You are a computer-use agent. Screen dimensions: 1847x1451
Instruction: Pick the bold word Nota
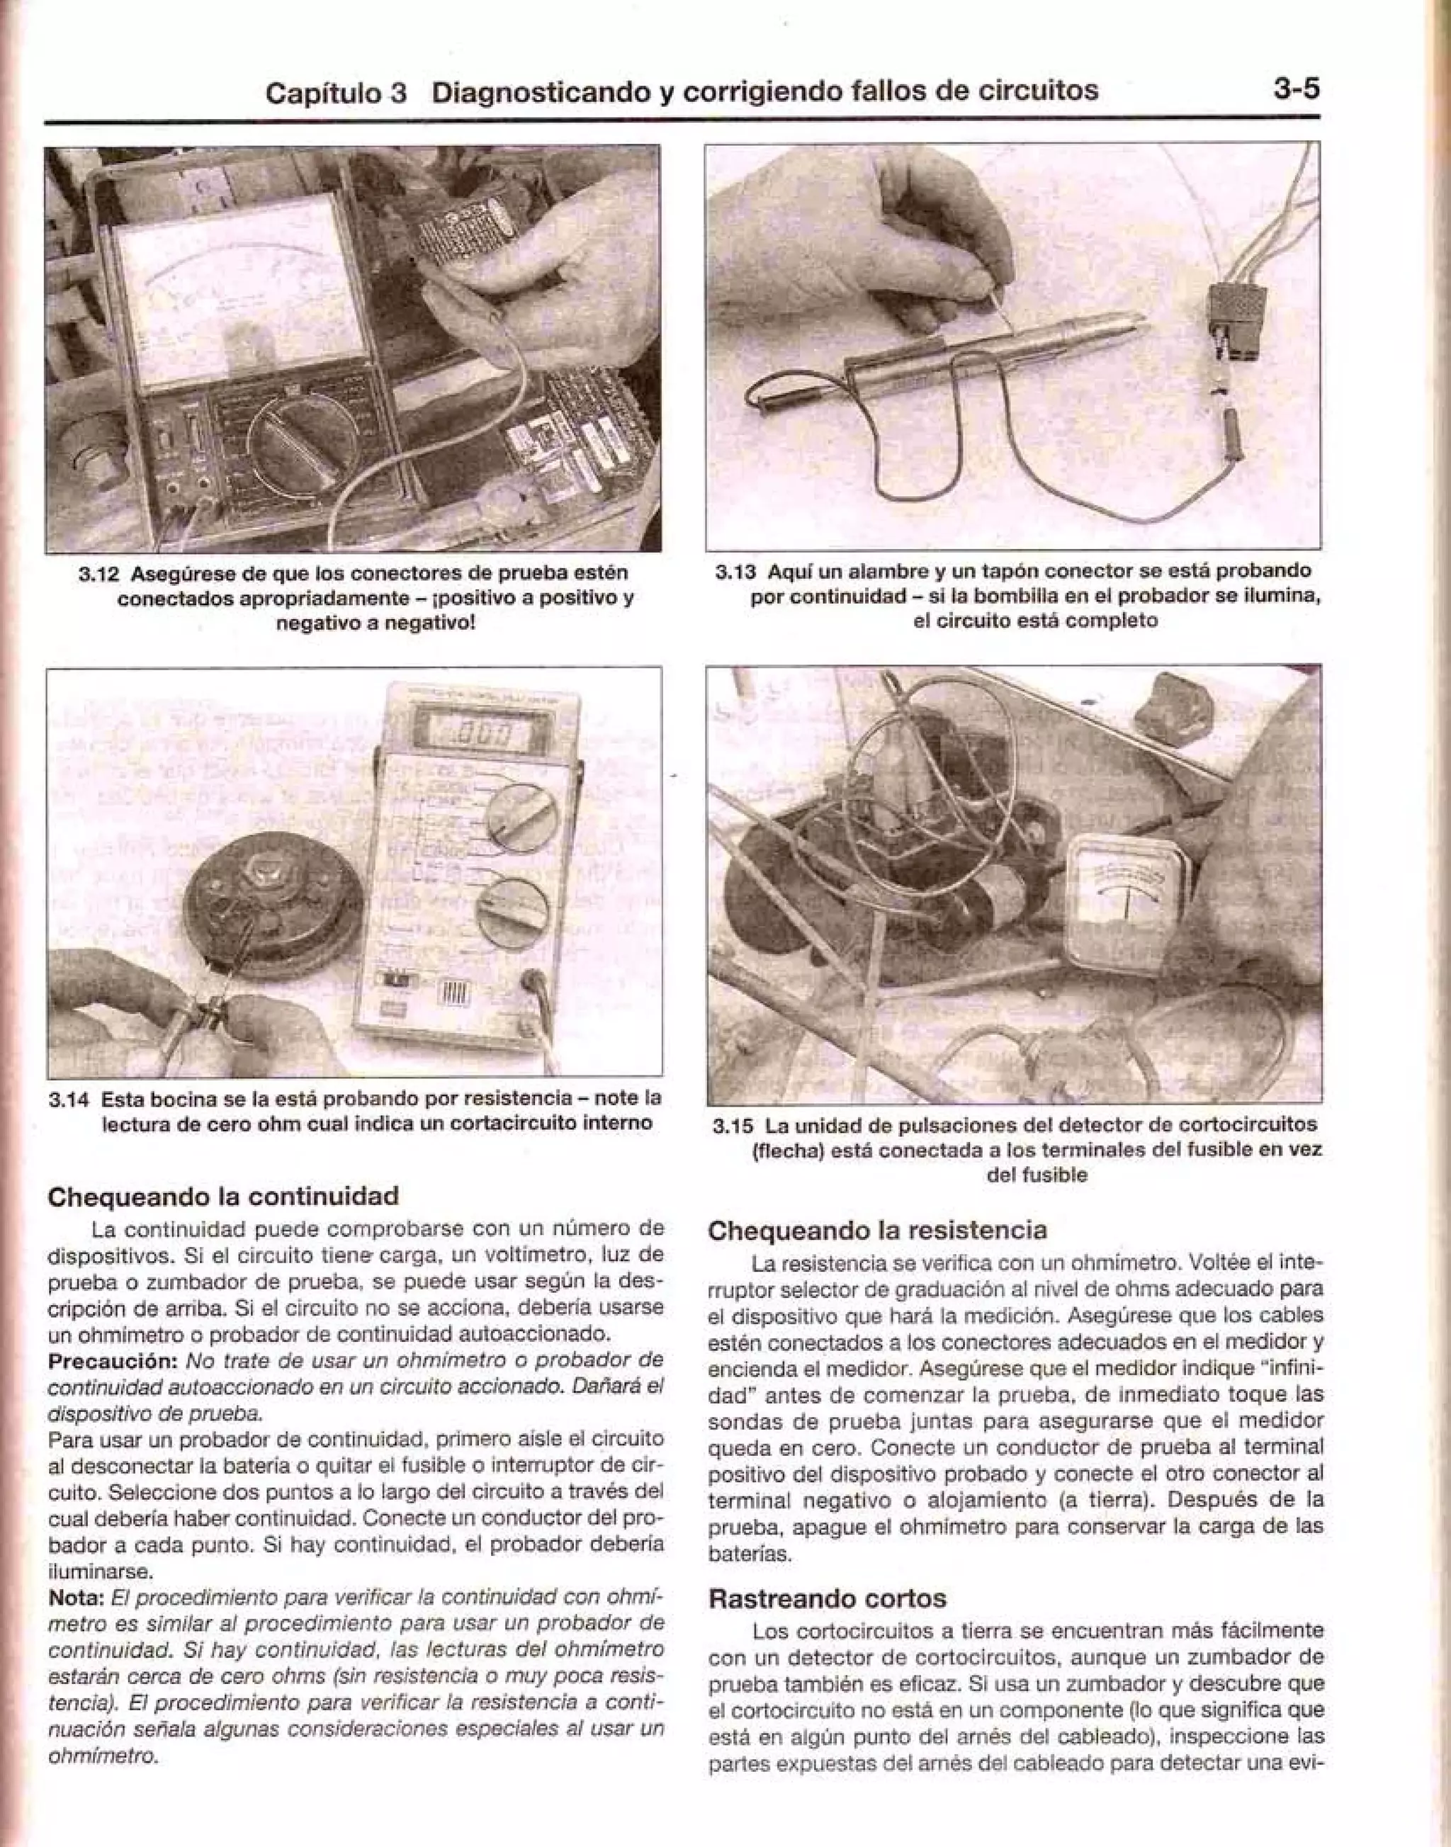point(74,1599)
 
